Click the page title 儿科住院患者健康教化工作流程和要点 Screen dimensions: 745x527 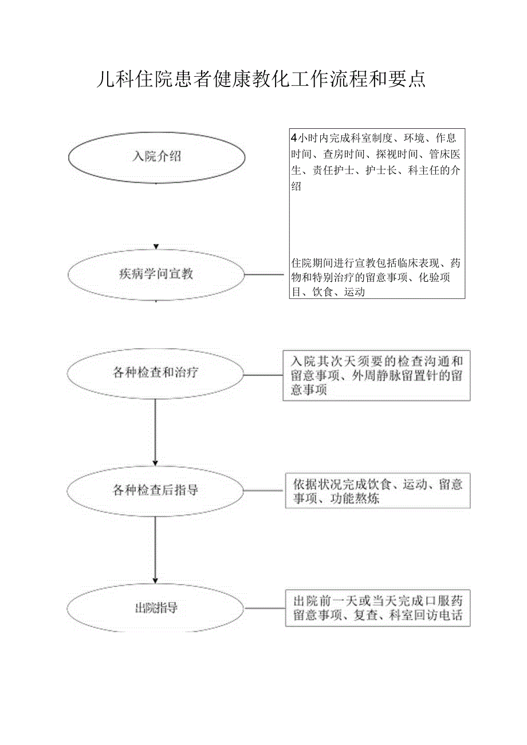tap(261, 79)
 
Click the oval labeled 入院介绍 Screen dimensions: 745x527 tap(156, 157)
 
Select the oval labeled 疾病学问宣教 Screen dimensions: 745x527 tap(156, 274)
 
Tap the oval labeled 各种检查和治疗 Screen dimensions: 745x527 tap(156, 373)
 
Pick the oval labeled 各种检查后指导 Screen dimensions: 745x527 tap(156, 490)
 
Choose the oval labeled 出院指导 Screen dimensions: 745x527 tap(156, 608)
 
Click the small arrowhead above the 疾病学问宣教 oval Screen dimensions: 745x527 tap(156, 247)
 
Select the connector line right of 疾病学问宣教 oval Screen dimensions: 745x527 tap(265, 274)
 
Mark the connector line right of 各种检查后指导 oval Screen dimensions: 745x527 tap(265, 490)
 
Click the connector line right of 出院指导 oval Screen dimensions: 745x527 tap(265, 608)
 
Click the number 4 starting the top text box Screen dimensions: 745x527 tap(294, 137)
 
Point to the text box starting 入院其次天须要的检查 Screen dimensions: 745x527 tap(376, 376)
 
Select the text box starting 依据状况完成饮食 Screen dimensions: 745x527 tap(377, 491)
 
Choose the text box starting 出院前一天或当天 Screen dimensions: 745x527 tap(377, 608)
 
